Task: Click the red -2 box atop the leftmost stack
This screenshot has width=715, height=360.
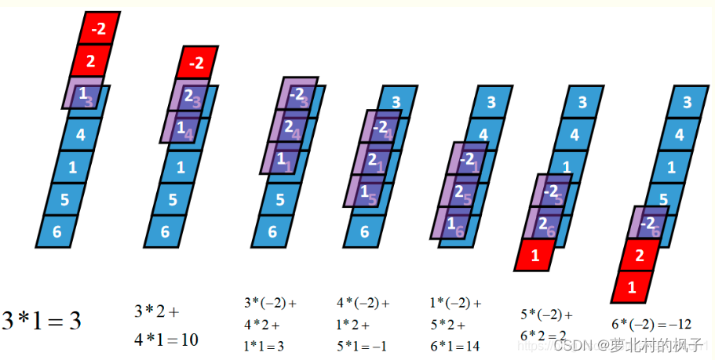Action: click(x=100, y=29)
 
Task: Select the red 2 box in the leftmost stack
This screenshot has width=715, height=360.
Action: click(x=92, y=61)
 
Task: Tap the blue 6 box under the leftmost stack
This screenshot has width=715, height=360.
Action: click(x=57, y=231)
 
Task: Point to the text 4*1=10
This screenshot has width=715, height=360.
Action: click(x=166, y=340)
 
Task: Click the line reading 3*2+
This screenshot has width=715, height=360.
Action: click(x=156, y=311)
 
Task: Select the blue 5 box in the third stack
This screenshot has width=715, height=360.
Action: click(x=280, y=199)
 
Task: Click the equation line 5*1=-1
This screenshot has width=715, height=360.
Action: click(x=362, y=345)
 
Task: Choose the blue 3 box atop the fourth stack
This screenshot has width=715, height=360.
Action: click(x=396, y=101)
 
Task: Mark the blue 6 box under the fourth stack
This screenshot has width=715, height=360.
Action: click(x=365, y=231)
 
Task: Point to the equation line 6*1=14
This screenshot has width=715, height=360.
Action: click(x=455, y=345)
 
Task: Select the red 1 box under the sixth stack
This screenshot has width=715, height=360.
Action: click(x=535, y=256)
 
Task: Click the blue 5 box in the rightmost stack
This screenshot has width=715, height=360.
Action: click(x=663, y=199)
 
